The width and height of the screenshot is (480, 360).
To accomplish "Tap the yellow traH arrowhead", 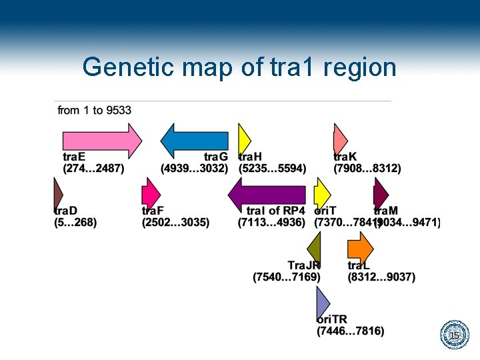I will point(244,141).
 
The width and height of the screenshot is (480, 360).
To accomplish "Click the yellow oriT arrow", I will point(322,195).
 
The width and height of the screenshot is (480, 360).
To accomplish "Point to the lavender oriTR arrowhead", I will point(323,303).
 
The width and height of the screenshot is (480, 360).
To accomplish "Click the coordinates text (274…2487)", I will point(93,169).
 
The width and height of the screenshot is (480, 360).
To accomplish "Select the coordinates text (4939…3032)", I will point(195,169).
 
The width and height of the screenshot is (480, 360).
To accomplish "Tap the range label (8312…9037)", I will point(381,277).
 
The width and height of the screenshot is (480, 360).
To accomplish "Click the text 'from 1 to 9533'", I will point(94,110).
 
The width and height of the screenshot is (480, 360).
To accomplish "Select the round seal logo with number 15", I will point(454,335).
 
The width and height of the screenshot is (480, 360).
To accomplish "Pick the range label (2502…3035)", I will point(175,222).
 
